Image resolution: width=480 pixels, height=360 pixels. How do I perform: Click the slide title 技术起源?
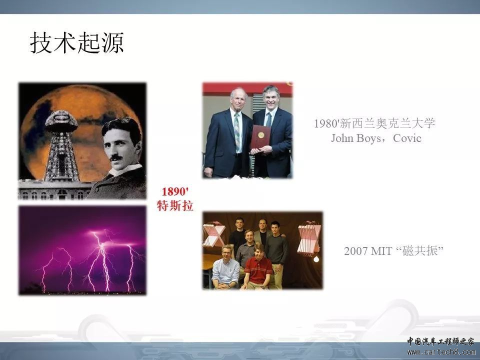coord(77,43)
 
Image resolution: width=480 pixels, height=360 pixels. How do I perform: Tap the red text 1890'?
coord(175,191)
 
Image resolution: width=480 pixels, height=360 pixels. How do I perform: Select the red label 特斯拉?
coord(175,205)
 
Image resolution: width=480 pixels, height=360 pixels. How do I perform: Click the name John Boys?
coord(355,138)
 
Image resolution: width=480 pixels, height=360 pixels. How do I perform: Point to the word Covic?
coord(407,138)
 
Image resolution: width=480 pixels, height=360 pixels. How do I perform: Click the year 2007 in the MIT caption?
coord(355,251)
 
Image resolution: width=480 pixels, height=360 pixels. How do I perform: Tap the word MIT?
coord(381,251)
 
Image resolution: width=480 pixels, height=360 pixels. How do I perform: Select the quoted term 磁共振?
coord(419,251)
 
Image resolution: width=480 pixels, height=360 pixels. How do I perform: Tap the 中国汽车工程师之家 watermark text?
coord(440,341)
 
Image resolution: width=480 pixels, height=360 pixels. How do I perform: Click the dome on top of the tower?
coord(61,121)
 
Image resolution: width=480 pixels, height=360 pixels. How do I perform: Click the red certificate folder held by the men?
coord(260,137)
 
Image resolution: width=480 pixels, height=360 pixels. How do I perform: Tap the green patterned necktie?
coord(236,132)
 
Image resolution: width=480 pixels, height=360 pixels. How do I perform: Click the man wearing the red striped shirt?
coord(258,266)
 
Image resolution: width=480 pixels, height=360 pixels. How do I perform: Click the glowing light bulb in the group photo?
coord(316,259)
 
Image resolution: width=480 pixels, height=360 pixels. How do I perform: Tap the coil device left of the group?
coord(213,234)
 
